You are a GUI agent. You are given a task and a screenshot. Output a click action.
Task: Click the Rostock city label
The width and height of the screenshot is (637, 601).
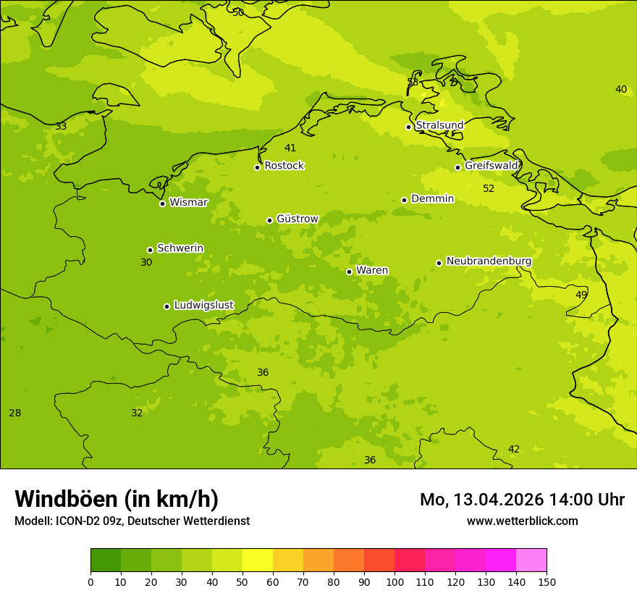[284, 166]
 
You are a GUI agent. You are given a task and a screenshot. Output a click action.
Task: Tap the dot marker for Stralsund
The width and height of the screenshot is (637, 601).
[408, 127]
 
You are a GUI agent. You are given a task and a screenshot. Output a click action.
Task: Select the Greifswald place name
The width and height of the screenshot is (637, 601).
[491, 166]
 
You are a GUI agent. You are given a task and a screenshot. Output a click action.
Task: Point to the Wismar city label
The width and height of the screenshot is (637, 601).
[188, 203]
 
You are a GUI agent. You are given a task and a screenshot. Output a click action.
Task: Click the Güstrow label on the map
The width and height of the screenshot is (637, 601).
[297, 219]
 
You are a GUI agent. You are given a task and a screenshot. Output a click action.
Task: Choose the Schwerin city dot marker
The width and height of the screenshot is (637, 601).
[150, 250]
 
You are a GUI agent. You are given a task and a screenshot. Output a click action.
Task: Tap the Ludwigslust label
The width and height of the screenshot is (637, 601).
[203, 306]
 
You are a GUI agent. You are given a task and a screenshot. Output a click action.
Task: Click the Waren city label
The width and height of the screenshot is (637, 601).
[371, 271]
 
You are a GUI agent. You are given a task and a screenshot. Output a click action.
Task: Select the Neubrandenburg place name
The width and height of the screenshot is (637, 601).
[489, 261]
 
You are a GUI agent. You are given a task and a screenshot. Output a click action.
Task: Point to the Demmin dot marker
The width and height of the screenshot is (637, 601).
[404, 200]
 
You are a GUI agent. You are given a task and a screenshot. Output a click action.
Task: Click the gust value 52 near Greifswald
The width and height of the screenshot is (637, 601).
[489, 189]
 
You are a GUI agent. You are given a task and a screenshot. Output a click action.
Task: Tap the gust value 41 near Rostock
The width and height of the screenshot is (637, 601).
[290, 148]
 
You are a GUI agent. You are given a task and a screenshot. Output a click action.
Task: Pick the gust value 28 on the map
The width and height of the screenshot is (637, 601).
[14, 413]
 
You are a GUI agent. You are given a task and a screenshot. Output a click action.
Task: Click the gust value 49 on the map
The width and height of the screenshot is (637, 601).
[581, 295]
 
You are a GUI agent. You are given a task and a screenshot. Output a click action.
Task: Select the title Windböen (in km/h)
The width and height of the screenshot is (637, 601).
[117, 499]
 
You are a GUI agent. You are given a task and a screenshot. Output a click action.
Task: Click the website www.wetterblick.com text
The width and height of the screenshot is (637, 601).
[522, 521]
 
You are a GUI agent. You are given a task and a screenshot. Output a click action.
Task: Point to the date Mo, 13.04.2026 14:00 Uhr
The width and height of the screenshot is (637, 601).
[522, 500]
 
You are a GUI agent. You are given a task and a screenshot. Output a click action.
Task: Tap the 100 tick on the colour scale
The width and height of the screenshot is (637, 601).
[395, 581]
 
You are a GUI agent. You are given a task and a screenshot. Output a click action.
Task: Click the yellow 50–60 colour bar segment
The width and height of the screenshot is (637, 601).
[258, 560]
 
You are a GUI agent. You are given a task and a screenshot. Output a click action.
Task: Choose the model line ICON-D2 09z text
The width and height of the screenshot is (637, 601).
[132, 521]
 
